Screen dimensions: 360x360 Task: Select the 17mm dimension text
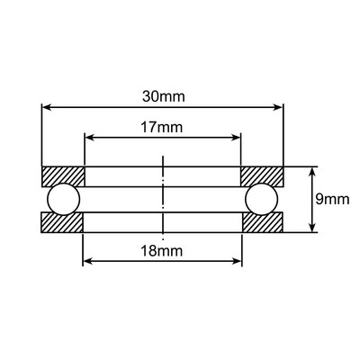click(x=163, y=128)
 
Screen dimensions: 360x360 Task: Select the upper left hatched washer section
click(x=63, y=175)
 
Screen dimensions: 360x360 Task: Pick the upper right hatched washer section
click(x=263, y=175)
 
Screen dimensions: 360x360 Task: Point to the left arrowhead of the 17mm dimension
click(x=89, y=139)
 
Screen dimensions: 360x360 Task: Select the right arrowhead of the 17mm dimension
click(x=237, y=139)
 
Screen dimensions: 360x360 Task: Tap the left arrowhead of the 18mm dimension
click(x=89, y=261)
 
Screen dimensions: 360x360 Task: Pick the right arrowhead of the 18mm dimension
click(x=237, y=261)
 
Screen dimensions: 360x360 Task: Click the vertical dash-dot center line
click(x=163, y=199)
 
